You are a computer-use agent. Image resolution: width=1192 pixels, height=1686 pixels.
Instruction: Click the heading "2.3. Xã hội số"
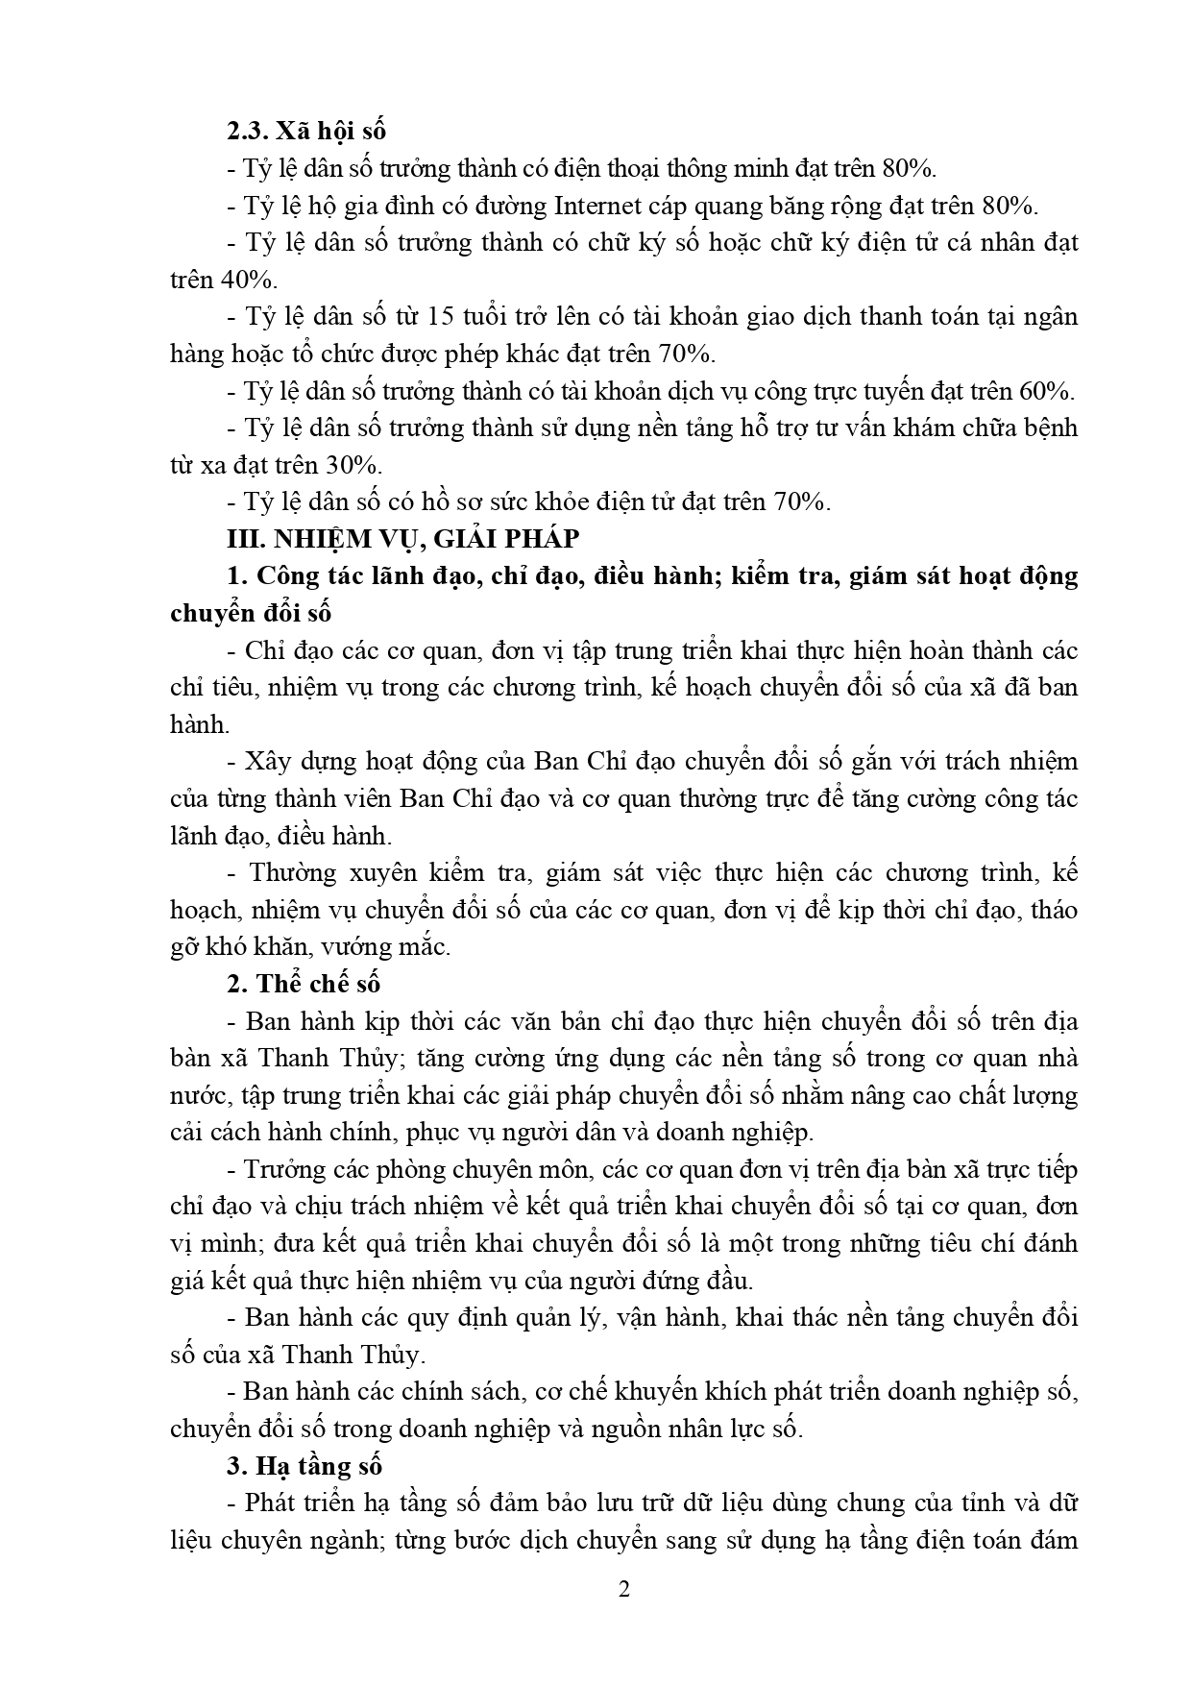click(305, 131)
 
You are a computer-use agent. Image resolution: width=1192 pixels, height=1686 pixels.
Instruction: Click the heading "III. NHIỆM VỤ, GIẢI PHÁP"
click(402, 539)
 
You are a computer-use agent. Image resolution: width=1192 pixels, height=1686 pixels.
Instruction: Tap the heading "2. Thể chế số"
click(304, 984)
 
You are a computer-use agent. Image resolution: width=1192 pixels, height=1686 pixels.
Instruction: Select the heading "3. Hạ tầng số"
click(304, 1466)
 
